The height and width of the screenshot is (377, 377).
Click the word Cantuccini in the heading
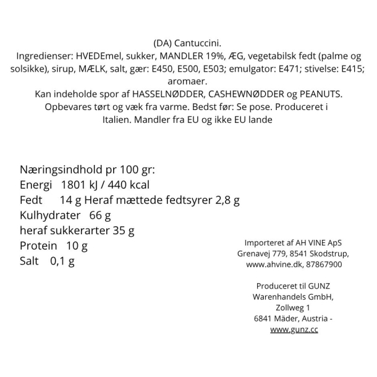pyautogui.click(x=197, y=43)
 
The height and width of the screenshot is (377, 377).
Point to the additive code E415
pyautogui.click(x=350, y=69)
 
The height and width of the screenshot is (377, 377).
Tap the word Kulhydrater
pyautogui.click(x=50, y=216)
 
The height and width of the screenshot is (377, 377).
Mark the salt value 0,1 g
pyautogui.click(x=62, y=261)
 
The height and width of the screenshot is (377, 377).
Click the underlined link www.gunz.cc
pyautogui.click(x=294, y=330)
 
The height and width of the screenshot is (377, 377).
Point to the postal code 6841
pyautogui.click(x=264, y=318)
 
